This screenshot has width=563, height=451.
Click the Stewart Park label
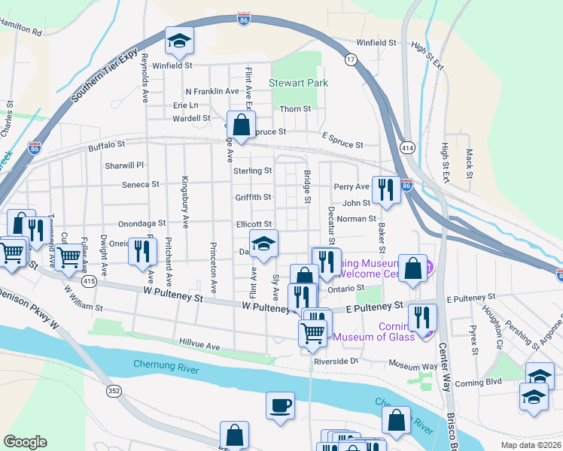pyautogui.click(x=299, y=83)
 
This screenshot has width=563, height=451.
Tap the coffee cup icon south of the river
pyautogui.click(x=280, y=405)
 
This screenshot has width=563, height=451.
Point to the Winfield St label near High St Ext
pyautogui.click(x=376, y=43)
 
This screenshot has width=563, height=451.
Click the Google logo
pyautogui.click(x=25, y=442)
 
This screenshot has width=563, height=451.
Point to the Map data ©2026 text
pyautogui.click(x=531, y=445)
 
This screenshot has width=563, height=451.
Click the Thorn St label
pyautogui.click(x=295, y=109)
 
